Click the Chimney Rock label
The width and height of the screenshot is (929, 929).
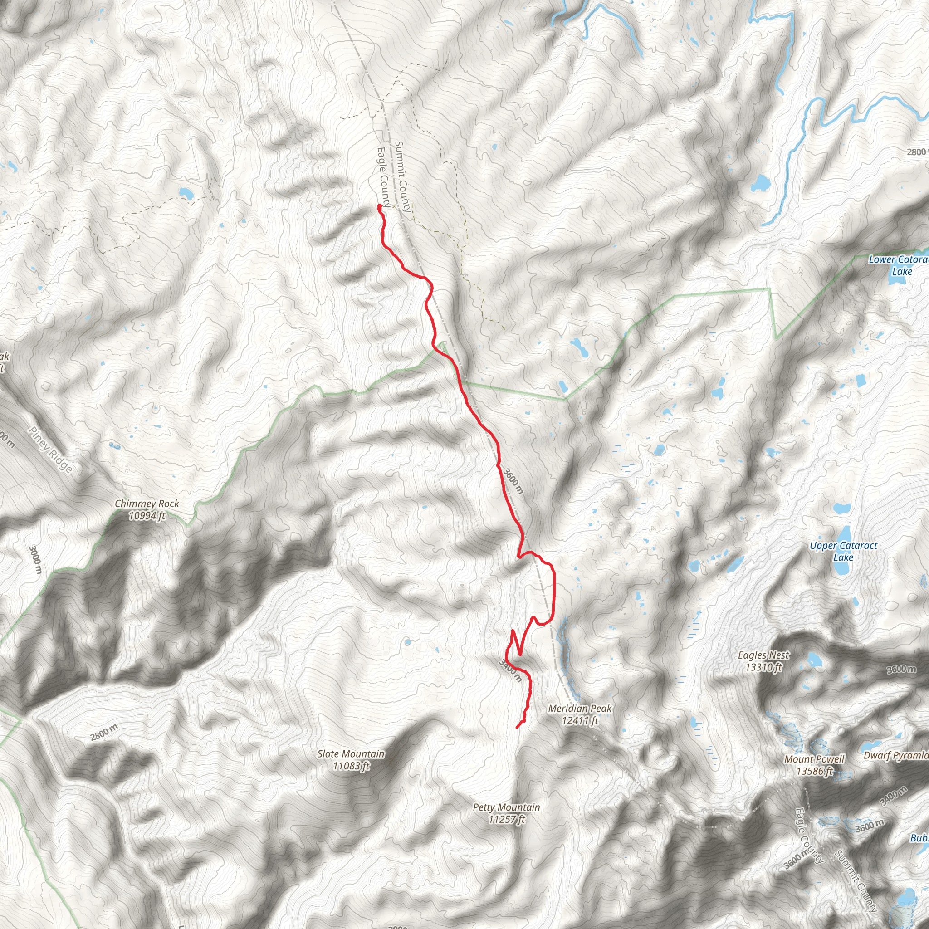point(147,504)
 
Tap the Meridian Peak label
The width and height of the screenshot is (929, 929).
point(580,708)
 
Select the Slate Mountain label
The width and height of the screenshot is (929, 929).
point(351,754)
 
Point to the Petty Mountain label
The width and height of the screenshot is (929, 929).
point(506,807)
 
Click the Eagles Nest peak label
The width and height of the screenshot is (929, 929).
point(763,655)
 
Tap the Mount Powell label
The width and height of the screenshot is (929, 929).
point(814,759)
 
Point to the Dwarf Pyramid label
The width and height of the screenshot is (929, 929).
point(896,755)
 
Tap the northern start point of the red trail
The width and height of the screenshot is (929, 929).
point(380,207)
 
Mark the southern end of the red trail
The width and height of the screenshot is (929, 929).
point(518,727)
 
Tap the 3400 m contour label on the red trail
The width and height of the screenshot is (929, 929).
point(510,670)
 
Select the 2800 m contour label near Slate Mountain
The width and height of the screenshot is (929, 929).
point(104,732)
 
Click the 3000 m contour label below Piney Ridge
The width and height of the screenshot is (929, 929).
point(35,559)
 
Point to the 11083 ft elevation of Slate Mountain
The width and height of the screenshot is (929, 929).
point(351,766)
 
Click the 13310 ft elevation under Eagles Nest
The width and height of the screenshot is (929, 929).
point(763,667)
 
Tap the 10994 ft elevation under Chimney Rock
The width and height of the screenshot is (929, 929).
point(147,515)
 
